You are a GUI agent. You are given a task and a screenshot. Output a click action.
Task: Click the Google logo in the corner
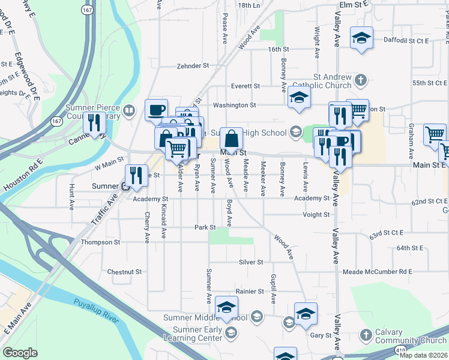coord(20,353)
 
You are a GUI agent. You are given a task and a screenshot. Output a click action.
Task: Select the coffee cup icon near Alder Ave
coord(157,110)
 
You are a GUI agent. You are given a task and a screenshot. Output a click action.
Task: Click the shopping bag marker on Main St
coord(231,139)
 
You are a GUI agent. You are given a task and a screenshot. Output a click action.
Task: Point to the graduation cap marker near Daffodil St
coord(361,38)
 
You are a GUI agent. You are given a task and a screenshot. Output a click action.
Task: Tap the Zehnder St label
coord(193,66)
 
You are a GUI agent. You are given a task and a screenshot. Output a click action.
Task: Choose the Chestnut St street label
coord(124,272)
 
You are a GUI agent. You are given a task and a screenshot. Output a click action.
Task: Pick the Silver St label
coord(252,262)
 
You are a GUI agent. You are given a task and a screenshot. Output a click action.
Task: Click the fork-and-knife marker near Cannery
coord(94,123)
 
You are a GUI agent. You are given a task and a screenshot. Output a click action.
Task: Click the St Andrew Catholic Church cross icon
coord(361,80)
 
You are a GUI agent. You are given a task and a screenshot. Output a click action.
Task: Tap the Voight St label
coord(316,214)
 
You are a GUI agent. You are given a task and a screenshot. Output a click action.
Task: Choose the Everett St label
coord(246,86)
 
